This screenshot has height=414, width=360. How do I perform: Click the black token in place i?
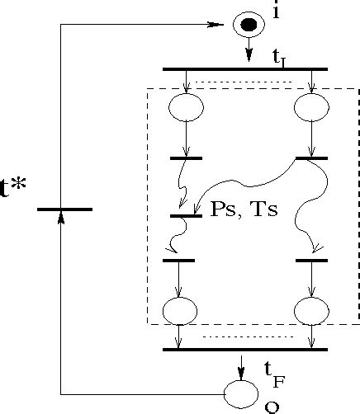pos(249,25)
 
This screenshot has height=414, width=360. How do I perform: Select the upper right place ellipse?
pos(311,107)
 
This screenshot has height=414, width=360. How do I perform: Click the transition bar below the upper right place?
pos(311,158)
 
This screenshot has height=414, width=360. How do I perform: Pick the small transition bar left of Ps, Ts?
pos(186,217)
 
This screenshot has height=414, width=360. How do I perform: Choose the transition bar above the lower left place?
pos(179,261)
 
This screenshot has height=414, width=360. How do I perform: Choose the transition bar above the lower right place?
pos(311,261)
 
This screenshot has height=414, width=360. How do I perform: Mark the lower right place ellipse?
pos(311,311)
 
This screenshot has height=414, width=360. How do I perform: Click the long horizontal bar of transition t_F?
pos(245,350)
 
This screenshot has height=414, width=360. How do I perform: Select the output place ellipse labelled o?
pos(242,393)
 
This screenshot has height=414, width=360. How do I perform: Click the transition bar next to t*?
pos(64,209)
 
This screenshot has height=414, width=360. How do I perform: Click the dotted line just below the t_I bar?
pos(248,81)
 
